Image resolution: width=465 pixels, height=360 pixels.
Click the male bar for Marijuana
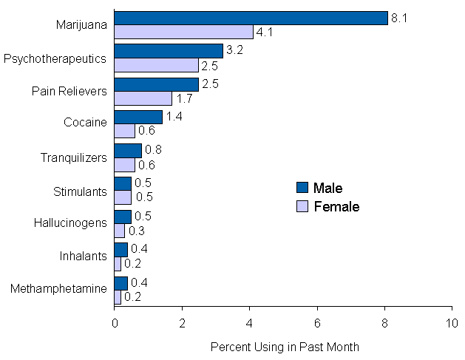[x=251, y=18]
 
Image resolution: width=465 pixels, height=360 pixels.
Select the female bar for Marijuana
[x=183, y=32]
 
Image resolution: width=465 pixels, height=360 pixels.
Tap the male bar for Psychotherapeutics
[x=169, y=51]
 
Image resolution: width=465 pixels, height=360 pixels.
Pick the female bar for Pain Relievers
[x=143, y=98]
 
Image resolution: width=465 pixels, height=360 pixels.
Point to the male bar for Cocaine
[x=138, y=117]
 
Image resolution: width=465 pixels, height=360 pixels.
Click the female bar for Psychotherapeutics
[x=157, y=65]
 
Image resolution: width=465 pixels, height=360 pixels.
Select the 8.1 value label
[x=399, y=18]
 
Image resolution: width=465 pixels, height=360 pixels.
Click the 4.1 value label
[x=264, y=32]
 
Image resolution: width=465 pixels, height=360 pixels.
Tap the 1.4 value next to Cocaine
[x=174, y=117]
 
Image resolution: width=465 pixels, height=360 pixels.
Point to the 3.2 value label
[x=234, y=51]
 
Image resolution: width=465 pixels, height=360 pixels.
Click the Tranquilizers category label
[x=73, y=157]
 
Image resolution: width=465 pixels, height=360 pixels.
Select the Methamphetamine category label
[x=58, y=289]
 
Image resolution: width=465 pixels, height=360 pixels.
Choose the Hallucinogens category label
[x=70, y=223]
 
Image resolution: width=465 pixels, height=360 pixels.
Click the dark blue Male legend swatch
[x=301, y=188]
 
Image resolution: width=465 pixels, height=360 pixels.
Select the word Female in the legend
[x=336, y=207]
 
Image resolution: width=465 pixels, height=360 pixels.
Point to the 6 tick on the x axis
[x=317, y=324]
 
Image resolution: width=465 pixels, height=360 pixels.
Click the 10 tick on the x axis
[x=452, y=324]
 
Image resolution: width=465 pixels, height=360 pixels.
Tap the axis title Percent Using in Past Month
[x=284, y=346]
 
